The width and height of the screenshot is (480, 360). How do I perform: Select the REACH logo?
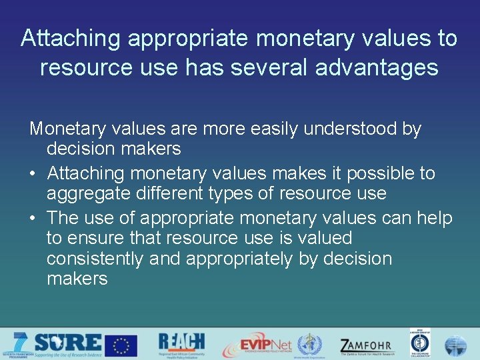(181, 344)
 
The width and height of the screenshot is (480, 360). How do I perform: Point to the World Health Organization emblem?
(309, 345)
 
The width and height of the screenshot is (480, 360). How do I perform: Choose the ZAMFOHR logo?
(367, 345)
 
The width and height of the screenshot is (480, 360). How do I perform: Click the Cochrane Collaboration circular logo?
(420, 344)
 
